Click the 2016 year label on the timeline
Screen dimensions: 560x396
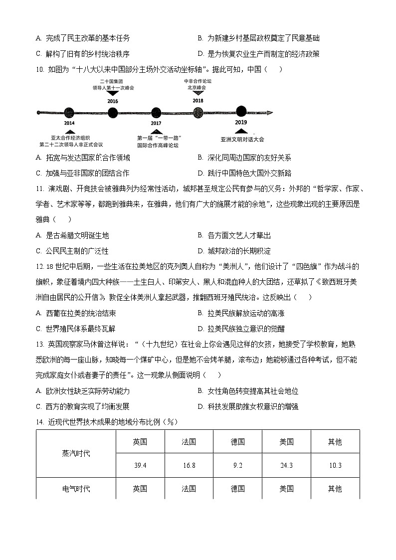[113, 101]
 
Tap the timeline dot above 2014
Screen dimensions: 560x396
[69, 113]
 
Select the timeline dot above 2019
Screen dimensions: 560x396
[241, 112]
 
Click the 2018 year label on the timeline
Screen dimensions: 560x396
[198, 100]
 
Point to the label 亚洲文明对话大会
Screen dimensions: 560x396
[242, 139]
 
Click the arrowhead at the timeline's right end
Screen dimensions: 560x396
[270, 113]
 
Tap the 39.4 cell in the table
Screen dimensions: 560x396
[140, 465]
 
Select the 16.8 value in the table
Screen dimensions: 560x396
[189, 465]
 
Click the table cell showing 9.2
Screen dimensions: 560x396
[237, 465]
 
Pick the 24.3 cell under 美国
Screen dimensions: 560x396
[286, 465]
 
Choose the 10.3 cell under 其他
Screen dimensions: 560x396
[335, 465]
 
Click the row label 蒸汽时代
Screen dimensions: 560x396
[76, 453]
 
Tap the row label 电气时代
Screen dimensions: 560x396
[76, 489]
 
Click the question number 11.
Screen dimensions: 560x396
[40, 188]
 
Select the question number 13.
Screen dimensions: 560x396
[40, 344]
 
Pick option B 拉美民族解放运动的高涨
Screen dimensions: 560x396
[245, 313]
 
